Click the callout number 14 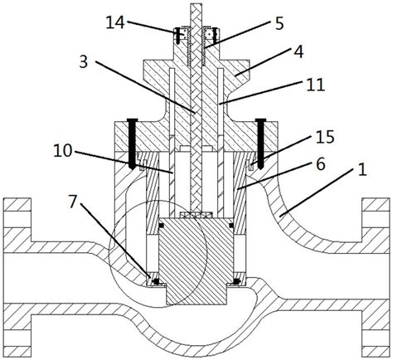[115, 22]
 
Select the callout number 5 [279, 24]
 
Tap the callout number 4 [298, 52]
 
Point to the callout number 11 [316, 85]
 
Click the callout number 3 [83, 62]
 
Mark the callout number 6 [321, 165]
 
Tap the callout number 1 [362, 169]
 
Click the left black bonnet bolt [133, 144]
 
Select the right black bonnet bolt [260, 144]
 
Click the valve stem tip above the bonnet [196, 5]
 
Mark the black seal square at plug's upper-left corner [161, 226]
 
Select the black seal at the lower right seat [235, 281]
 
